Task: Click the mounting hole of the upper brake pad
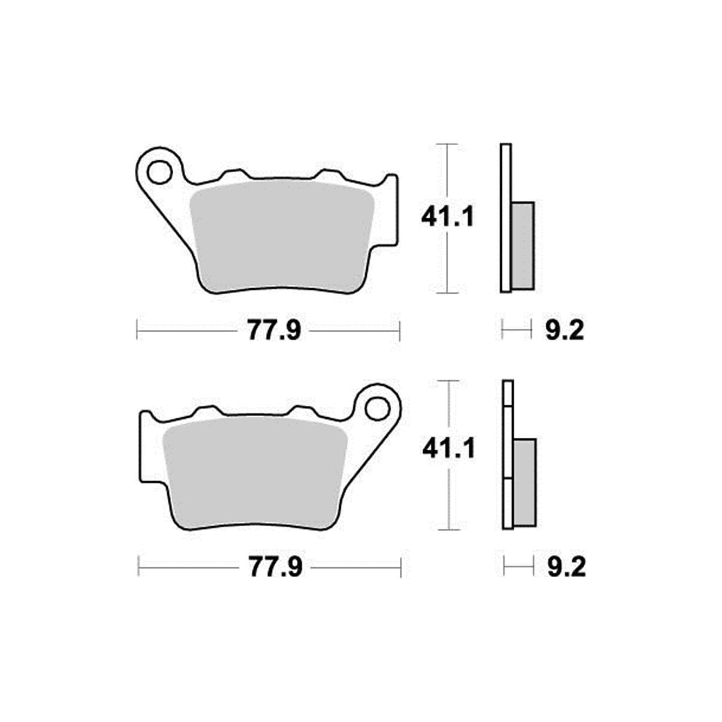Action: (159, 172)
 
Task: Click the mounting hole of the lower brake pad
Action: (377, 409)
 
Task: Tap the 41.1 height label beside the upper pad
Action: (448, 218)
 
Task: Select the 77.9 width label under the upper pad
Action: (274, 331)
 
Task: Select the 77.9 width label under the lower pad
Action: (275, 568)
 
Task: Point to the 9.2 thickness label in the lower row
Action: (567, 568)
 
